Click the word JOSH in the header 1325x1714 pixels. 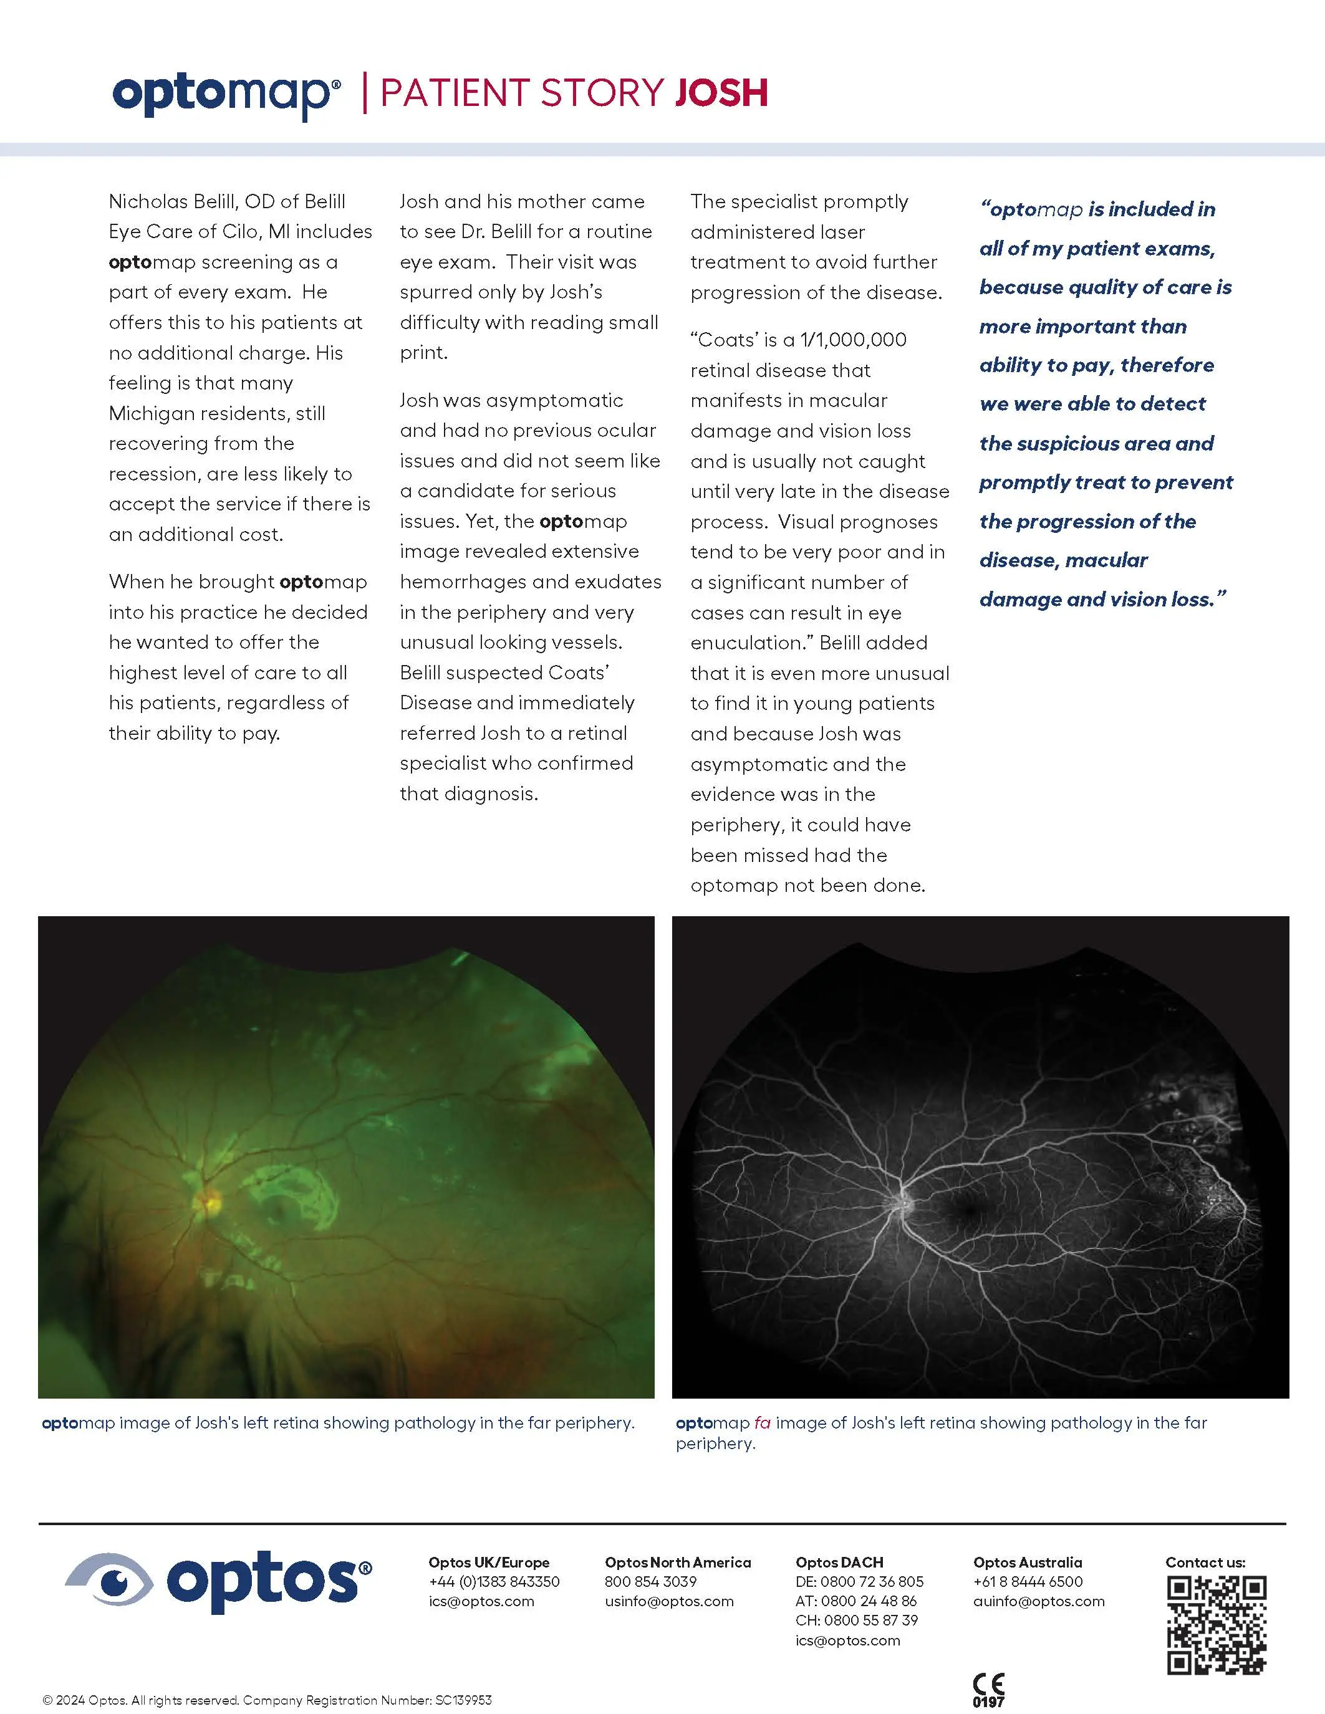[x=721, y=93]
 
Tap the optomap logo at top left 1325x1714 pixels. [x=226, y=95]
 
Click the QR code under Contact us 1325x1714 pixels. [x=1216, y=1625]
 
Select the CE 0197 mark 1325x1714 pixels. [x=988, y=1690]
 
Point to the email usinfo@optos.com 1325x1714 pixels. [x=669, y=1601]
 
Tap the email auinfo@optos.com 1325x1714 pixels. [x=1039, y=1601]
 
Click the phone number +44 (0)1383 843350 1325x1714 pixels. [x=494, y=1581]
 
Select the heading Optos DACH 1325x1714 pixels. [x=839, y=1562]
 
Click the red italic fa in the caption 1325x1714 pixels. [x=762, y=1422]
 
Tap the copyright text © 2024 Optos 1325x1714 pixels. [x=85, y=1700]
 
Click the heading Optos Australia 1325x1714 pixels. [x=1027, y=1562]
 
